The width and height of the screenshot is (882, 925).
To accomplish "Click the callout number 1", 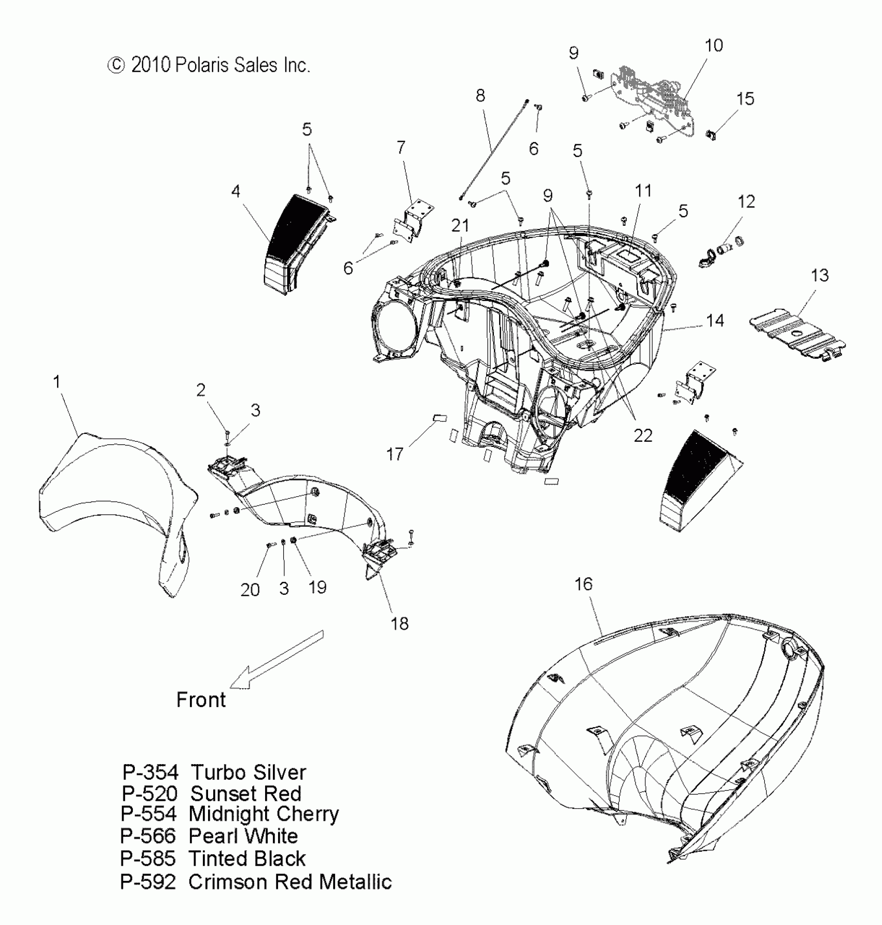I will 57,382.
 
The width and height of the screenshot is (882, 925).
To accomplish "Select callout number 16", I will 583,584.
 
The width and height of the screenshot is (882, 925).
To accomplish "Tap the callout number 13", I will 819,276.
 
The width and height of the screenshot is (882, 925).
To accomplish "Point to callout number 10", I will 713,46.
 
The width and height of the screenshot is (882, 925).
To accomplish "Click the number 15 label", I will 745,99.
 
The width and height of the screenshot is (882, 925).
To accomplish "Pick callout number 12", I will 746,201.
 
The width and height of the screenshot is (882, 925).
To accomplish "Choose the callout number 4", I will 236,192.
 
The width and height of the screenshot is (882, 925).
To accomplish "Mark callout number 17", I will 395,454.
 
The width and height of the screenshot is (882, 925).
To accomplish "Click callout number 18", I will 399,623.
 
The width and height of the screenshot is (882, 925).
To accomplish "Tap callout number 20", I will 250,590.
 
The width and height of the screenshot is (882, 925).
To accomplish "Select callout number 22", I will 643,436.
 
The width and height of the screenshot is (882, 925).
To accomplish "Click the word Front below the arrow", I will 201,700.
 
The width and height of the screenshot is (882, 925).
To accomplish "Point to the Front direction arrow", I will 275,660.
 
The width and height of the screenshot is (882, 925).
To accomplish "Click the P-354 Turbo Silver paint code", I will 214,773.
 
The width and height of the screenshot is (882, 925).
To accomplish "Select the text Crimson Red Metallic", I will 290,882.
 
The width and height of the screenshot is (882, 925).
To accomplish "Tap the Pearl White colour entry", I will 243,836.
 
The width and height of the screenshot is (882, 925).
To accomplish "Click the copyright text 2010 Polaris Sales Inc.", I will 209,65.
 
